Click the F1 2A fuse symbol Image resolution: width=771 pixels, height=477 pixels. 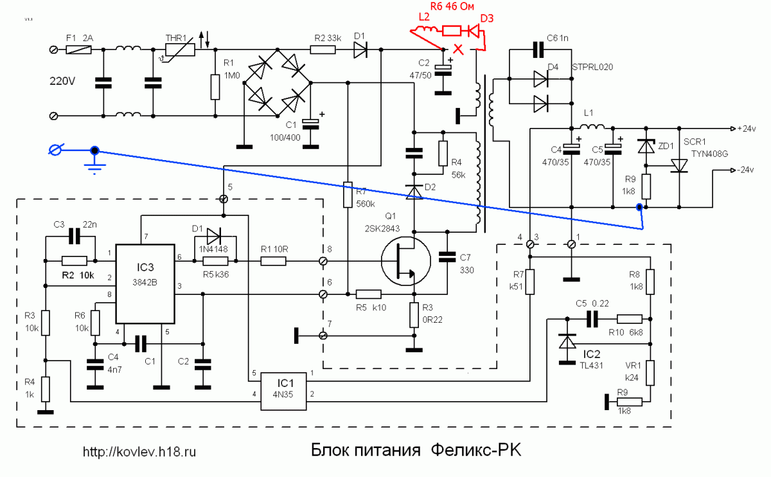pyautogui.click(x=78, y=50)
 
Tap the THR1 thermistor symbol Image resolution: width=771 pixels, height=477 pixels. pyautogui.click(x=180, y=50)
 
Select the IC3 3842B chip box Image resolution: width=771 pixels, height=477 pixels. pyautogui.click(x=145, y=284)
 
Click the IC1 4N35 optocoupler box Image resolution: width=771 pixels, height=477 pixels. pyautogui.click(x=283, y=392)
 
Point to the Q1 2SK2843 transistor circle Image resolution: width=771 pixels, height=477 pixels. pyautogui.click(x=406, y=261)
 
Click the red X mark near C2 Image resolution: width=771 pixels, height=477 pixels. pyautogui.click(x=458, y=50)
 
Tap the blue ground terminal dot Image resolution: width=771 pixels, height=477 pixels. pyautogui.click(x=94, y=150)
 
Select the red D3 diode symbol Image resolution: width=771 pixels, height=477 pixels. pyautogui.click(x=474, y=32)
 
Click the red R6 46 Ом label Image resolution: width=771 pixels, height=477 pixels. pyautogui.click(x=452, y=6)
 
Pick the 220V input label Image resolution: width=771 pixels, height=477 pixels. pyautogui.click(x=62, y=81)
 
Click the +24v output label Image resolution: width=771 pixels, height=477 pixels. pyautogui.click(x=746, y=129)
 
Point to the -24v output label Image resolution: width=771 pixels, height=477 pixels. pyautogui.click(x=745, y=170)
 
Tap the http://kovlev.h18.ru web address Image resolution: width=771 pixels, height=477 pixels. pyautogui.click(x=139, y=451)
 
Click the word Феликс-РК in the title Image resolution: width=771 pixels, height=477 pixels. pyautogui.click(x=476, y=450)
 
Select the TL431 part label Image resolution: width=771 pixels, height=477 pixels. pyautogui.click(x=592, y=365)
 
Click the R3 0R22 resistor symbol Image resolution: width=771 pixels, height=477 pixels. pyautogui.click(x=414, y=315)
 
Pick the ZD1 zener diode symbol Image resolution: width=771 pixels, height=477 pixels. pyautogui.click(x=646, y=146)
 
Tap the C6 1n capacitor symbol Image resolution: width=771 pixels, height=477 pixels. pyautogui.click(x=538, y=50)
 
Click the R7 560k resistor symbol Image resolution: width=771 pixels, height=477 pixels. pyautogui.click(x=348, y=195)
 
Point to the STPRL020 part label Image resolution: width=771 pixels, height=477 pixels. pyautogui.click(x=592, y=67)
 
